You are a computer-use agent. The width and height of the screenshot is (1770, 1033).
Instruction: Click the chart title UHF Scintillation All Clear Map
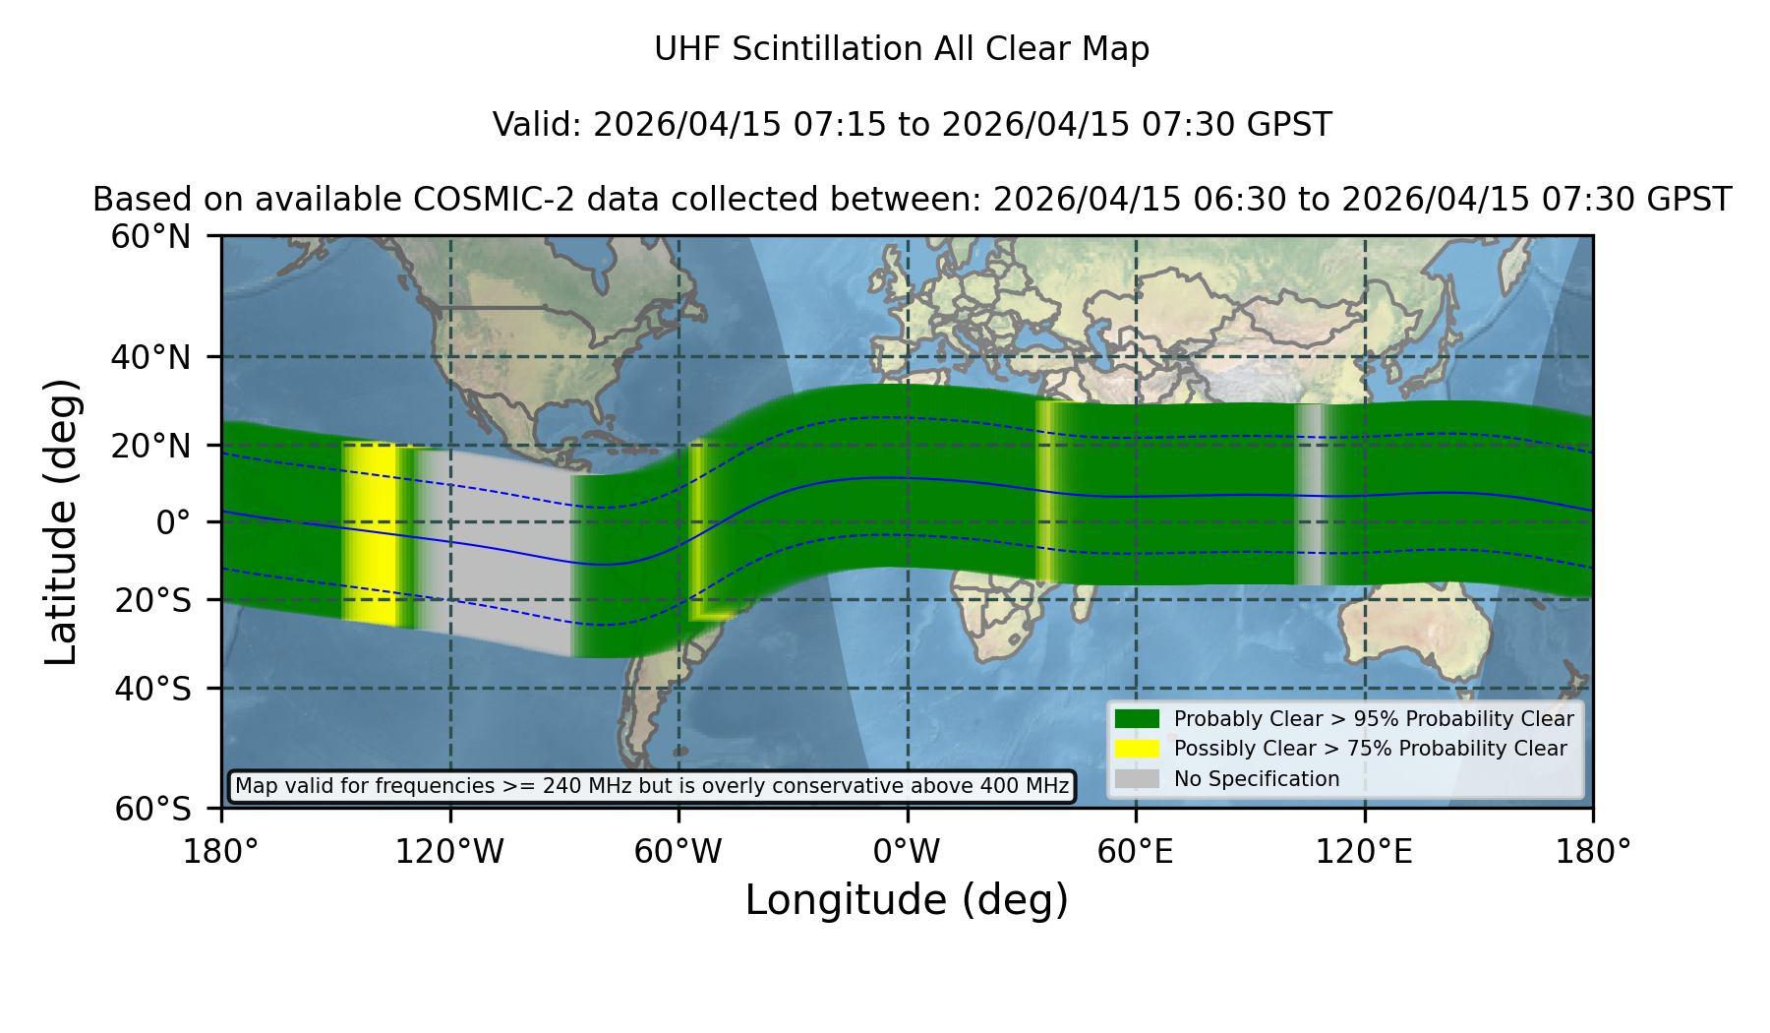pos(902,49)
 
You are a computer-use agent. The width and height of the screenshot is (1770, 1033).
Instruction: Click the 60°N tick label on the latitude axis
pos(150,237)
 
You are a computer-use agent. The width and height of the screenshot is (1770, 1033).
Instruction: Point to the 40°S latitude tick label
pos(152,689)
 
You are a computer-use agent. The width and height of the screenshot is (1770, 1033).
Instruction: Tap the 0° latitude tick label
pos(173,522)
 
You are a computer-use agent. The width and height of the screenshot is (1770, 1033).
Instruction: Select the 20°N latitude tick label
pos(150,446)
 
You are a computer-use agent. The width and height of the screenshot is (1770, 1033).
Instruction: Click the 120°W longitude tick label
pos(449,852)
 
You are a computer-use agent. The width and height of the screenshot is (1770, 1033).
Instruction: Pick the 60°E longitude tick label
pos(1136,852)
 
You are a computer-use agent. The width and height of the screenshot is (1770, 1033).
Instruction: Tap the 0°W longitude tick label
pos(907,852)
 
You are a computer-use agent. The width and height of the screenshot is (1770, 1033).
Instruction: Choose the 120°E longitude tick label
pos(1364,852)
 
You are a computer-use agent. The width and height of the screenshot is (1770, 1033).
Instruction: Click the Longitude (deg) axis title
pos(907,900)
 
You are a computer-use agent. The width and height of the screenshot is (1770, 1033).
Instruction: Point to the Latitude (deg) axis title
pos(61,521)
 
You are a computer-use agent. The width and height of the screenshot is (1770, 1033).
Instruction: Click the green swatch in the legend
pos(1137,718)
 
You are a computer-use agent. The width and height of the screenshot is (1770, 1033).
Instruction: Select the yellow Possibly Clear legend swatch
pos(1137,748)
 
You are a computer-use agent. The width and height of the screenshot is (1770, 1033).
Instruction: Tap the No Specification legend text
pos(1257,779)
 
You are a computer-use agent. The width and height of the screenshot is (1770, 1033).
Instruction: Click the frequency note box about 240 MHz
pos(652,786)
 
